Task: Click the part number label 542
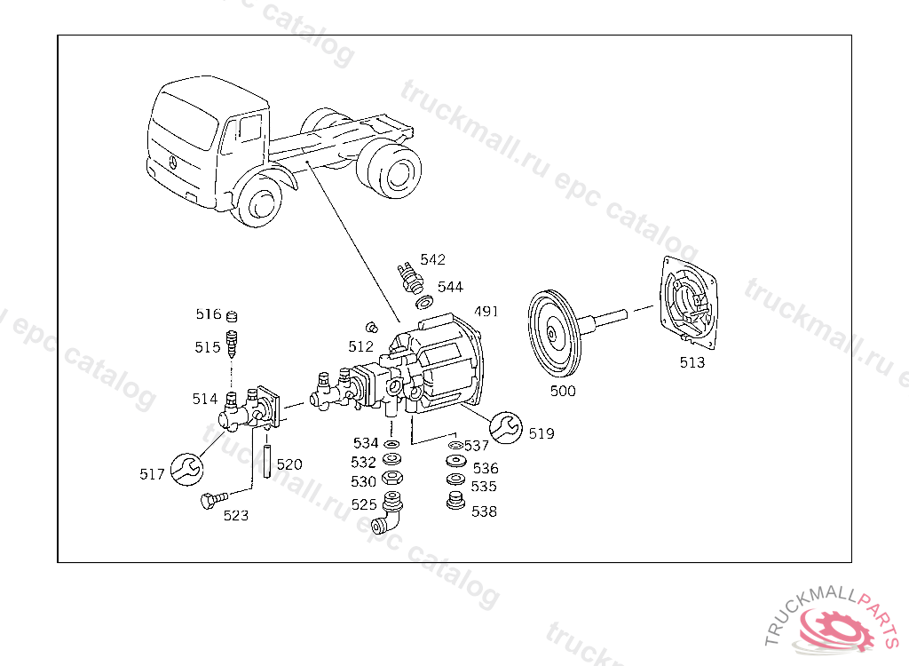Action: click(x=433, y=260)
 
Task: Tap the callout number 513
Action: click(x=692, y=362)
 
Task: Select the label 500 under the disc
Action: click(x=563, y=391)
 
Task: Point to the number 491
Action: click(x=486, y=312)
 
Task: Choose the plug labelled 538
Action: click(x=456, y=503)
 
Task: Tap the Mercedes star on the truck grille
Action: click(x=172, y=163)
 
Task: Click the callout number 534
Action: click(x=365, y=443)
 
